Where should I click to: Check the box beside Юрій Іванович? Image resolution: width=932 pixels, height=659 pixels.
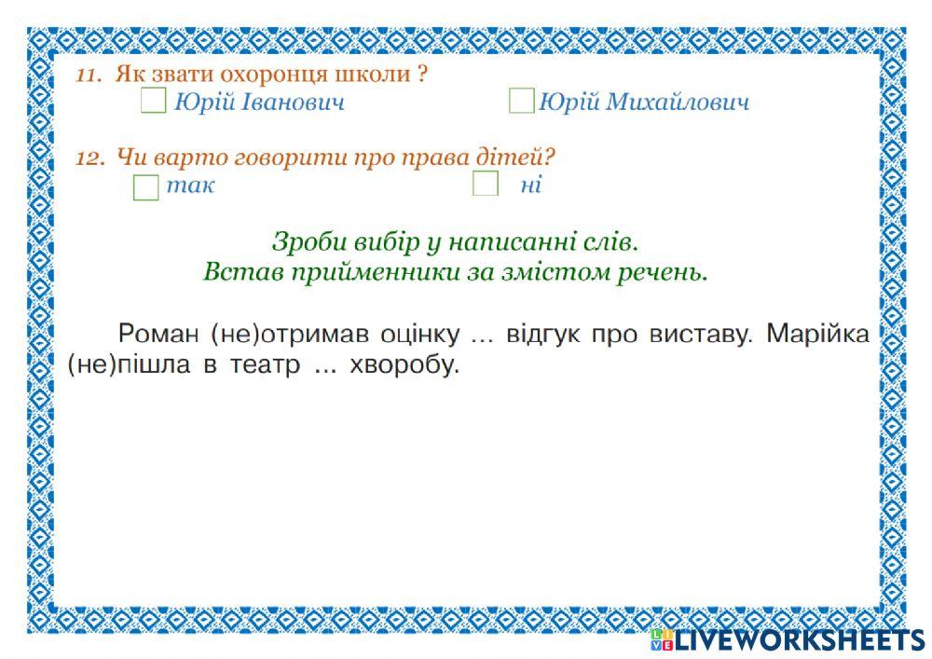[x=153, y=101]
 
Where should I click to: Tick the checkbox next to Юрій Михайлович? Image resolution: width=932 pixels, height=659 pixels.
[x=521, y=101]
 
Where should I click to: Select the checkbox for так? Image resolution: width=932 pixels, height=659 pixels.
[x=146, y=186]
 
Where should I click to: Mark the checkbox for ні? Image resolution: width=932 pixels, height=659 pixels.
[x=486, y=184]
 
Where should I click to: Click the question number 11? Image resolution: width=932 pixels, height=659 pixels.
[x=88, y=76]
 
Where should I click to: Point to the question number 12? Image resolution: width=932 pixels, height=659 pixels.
[x=89, y=158]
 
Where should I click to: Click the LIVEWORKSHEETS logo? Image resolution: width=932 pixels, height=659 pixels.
[x=788, y=639]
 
